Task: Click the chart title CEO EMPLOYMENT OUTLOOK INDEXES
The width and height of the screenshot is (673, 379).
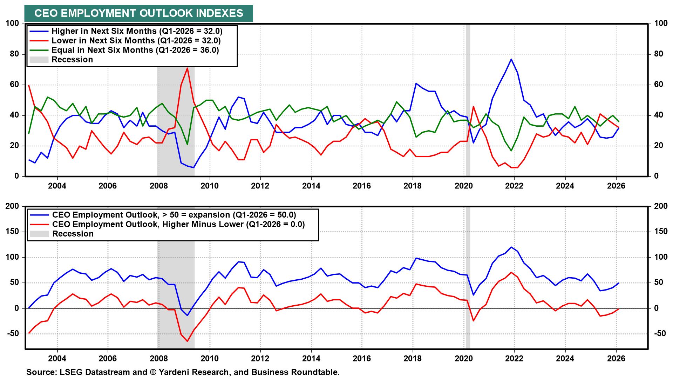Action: pyautogui.click(x=138, y=13)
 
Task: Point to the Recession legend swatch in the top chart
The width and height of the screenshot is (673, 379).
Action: pyautogui.click(x=39, y=60)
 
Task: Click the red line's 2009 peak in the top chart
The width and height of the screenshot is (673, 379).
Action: pyautogui.click(x=188, y=68)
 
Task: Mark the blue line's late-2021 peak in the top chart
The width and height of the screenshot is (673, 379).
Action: pyautogui.click(x=511, y=59)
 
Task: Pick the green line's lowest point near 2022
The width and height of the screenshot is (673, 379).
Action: pyautogui.click(x=511, y=151)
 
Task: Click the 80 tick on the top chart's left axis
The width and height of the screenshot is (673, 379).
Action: pyautogui.click(x=14, y=54)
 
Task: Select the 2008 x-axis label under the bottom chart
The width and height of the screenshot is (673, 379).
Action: pyautogui.click(x=158, y=359)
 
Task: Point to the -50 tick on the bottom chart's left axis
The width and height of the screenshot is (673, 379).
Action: pyautogui.click(x=13, y=334)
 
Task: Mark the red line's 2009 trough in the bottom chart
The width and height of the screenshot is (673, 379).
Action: pyautogui.click(x=187, y=341)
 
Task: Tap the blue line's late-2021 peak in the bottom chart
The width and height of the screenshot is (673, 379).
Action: pyautogui.click(x=511, y=247)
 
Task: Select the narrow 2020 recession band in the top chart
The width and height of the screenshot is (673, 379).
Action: pyautogui.click(x=468, y=100)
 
